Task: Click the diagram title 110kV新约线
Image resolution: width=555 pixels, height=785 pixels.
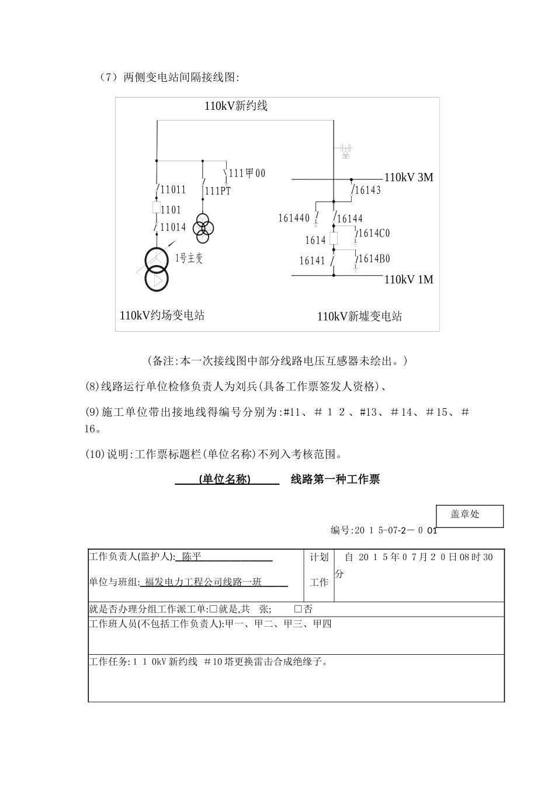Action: pos(235,106)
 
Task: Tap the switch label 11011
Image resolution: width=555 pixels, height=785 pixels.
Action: pos(173,189)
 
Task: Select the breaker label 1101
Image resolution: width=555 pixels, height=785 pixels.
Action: pos(171,210)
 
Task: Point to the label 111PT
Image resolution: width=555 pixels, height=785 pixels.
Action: pos(217,191)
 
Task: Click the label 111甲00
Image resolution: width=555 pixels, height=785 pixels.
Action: pos(247,173)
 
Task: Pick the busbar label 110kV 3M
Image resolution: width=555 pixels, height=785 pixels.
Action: pos(408,178)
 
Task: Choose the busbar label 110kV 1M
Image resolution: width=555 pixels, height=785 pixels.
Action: pos(408,280)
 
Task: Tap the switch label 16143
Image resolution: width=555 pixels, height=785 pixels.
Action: pos(368,190)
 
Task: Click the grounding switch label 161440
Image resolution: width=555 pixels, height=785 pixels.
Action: pos(294,218)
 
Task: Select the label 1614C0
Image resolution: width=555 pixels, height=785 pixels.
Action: pos(374,234)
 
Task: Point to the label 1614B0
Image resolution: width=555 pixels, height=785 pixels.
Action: pos(374,259)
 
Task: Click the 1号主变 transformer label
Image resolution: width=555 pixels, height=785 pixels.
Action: pos(189,258)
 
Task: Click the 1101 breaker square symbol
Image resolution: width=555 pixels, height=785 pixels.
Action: pos(157,208)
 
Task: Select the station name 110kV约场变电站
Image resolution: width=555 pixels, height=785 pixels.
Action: pos(162,316)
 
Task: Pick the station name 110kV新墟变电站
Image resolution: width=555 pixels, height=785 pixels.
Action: pos(359,317)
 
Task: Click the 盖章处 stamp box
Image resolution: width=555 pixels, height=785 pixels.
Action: pos(470,516)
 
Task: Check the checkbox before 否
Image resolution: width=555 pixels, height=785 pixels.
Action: pos(298,609)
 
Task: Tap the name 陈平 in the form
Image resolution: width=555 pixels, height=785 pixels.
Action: pos(191,557)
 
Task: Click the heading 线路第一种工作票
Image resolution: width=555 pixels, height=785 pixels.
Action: pos(335,480)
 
